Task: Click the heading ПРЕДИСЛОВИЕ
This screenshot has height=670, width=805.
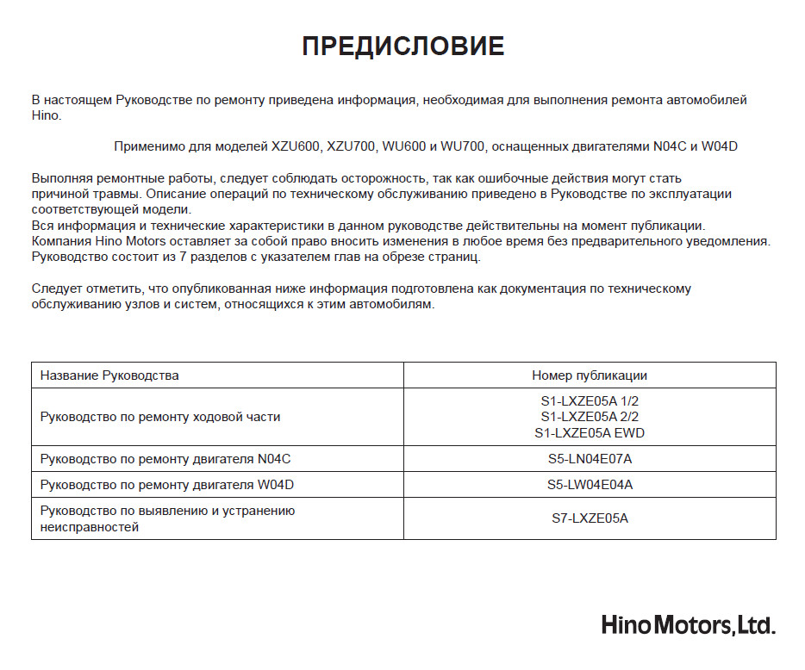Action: point(402,47)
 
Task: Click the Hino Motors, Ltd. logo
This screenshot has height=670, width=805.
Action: point(688,624)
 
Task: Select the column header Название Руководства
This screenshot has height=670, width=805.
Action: point(109,375)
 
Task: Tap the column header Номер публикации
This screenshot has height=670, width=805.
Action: point(590,375)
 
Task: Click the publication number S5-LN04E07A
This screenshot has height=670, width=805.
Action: point(590,459)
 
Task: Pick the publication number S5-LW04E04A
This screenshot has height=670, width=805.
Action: point(590,485)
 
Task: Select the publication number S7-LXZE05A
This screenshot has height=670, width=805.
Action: point(590,518)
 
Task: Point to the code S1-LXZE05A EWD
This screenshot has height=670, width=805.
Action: point(590,433)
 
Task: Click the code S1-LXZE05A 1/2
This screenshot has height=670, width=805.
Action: point(590,400)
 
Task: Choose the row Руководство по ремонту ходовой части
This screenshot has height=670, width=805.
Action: point(160,417)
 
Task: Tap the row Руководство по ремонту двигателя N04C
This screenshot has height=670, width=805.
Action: point(172,459)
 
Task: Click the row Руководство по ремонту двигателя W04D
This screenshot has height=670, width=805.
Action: point(167,485)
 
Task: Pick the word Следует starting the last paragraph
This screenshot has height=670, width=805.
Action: point(59,289)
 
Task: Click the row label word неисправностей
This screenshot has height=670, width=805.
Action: point(90,526)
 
